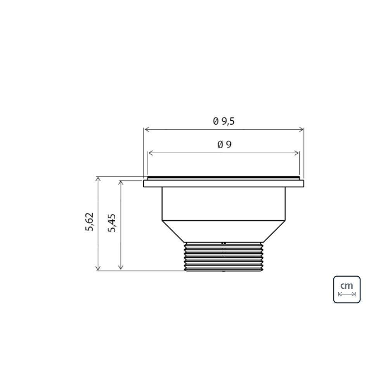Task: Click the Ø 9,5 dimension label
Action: (x=224, y=121)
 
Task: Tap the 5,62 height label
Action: (x=90, y=222)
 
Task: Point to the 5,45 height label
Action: (x=113, y=223)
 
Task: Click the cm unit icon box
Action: (x=346, y=289)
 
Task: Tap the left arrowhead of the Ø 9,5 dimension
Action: (x=146, y=130)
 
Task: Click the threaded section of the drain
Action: (x=223, y=257)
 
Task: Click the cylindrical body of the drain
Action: (x=223, y=204)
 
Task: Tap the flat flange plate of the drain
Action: (x=223, y=184)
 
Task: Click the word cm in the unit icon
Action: (x=346, y=286)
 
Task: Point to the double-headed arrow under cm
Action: (x=346, y=294)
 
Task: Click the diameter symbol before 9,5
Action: (x=216, y=121)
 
